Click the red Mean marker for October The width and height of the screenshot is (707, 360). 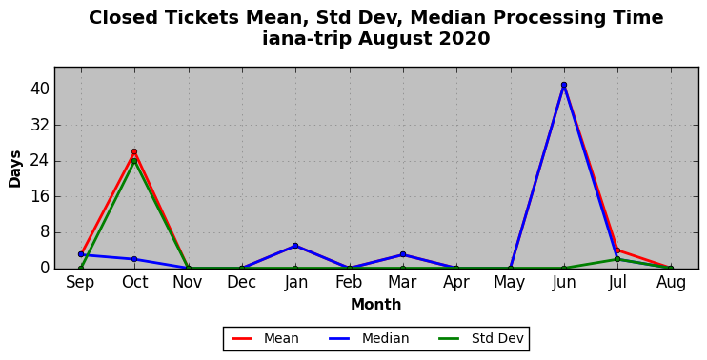134,151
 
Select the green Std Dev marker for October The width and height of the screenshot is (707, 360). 134,161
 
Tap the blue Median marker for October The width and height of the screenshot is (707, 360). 134,259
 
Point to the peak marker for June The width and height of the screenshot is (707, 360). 564,85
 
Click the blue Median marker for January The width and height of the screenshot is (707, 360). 295,246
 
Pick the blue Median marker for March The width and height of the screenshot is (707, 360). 403,254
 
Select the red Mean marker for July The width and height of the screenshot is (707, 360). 617,250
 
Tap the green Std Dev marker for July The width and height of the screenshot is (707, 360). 617,259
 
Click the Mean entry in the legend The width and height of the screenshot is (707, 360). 265,338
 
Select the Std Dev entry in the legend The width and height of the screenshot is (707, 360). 481,338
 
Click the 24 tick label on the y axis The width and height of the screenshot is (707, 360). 40,161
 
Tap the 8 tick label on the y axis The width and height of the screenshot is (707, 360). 44,232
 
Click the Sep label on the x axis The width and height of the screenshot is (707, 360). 80,284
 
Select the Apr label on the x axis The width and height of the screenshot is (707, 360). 456,284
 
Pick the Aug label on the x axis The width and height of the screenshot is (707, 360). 671,284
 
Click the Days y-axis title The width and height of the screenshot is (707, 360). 15,169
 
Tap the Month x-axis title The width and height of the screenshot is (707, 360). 376,305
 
